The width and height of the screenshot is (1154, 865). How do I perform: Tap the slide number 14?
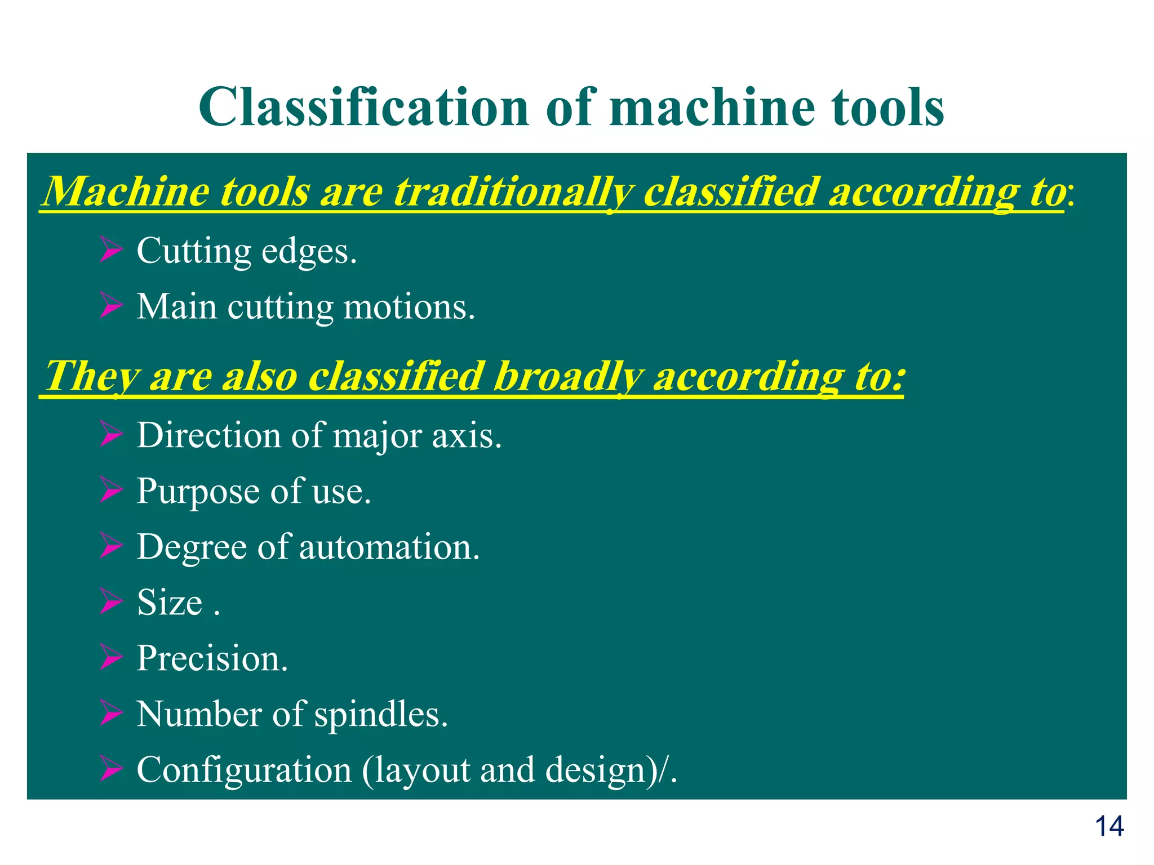(1109, 827)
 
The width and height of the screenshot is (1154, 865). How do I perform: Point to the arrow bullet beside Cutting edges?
(111, 250)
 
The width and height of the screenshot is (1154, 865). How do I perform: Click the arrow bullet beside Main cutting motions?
(111, 306)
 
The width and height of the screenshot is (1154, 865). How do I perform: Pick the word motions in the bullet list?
(409, 307)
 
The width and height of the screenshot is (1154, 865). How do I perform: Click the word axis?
(467, 435)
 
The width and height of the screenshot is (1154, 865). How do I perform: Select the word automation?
(389, 547)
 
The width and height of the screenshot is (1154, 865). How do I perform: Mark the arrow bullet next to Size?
(111, 602)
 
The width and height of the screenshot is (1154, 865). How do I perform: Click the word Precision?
(212, 658)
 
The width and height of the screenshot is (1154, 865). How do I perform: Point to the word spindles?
(380, 714)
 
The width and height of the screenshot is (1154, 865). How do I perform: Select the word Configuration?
(244, 770)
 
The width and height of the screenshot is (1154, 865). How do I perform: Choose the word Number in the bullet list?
(199, 714)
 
